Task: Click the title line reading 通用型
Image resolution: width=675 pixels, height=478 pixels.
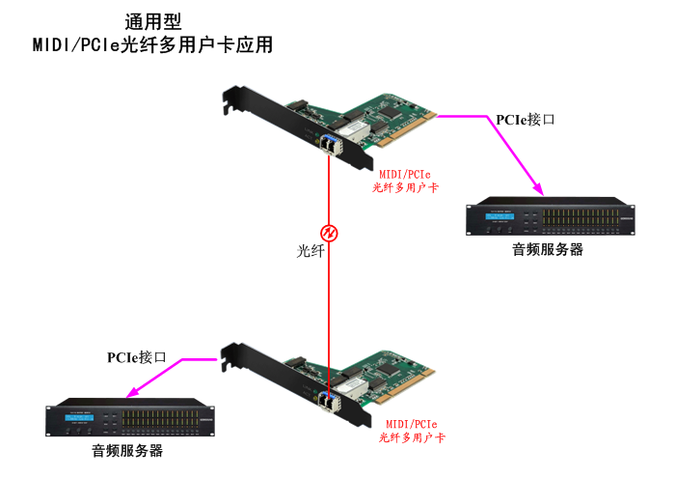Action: click(153, 22)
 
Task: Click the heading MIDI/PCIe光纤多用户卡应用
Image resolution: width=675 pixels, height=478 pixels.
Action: click(152, 44)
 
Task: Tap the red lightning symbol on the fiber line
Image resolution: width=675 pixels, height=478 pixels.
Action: click(330, 233)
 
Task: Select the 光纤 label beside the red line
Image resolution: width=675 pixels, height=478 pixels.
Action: click(310, 251)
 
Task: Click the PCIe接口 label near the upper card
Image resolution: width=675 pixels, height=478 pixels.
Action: click(526, 120)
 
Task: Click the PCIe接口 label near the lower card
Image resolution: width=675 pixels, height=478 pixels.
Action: click(137, 357)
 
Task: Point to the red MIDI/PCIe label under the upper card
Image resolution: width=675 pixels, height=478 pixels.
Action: click(405, 174)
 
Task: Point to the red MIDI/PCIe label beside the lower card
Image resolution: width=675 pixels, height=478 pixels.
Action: click(412, 424)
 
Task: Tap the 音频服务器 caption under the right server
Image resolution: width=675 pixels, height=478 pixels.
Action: click(548, 249)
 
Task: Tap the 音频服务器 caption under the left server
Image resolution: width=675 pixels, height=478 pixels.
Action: click(127, 451)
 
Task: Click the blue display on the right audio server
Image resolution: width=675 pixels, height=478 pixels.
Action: click(499, 216)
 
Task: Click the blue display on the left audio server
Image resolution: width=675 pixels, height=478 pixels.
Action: click(79, 417)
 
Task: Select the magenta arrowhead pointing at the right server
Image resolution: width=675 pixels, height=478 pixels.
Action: click(538, 189)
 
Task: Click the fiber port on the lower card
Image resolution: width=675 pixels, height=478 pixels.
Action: click(330, 403)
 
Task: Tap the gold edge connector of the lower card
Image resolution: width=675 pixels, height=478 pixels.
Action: click(406, 386)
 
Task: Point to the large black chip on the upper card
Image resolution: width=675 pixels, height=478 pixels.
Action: click(390, 112)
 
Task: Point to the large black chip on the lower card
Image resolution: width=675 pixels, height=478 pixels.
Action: click(389, 369)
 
